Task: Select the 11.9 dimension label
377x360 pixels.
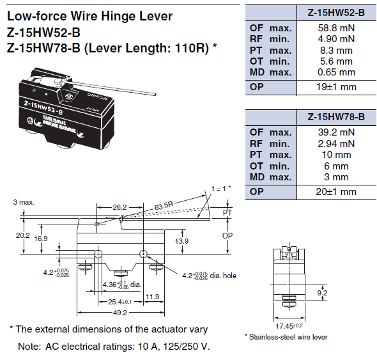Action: coord(152,297)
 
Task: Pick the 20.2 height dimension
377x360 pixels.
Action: coord(23,236)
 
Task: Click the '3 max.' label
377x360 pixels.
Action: coord(24,202)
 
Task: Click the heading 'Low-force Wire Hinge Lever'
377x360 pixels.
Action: coord(90,16)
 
